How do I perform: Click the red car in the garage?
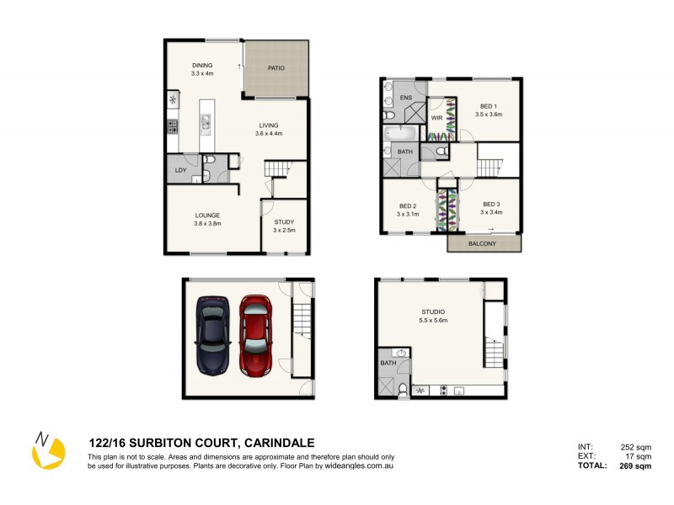(x=254, y=334)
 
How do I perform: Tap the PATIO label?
(x=275, y=69)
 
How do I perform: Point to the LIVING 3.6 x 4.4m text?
(x=270, y=129)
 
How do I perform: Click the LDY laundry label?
(x=180, y=170)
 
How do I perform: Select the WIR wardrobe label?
(x=436, y=119)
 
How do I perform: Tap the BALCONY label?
(x=484, y=244)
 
